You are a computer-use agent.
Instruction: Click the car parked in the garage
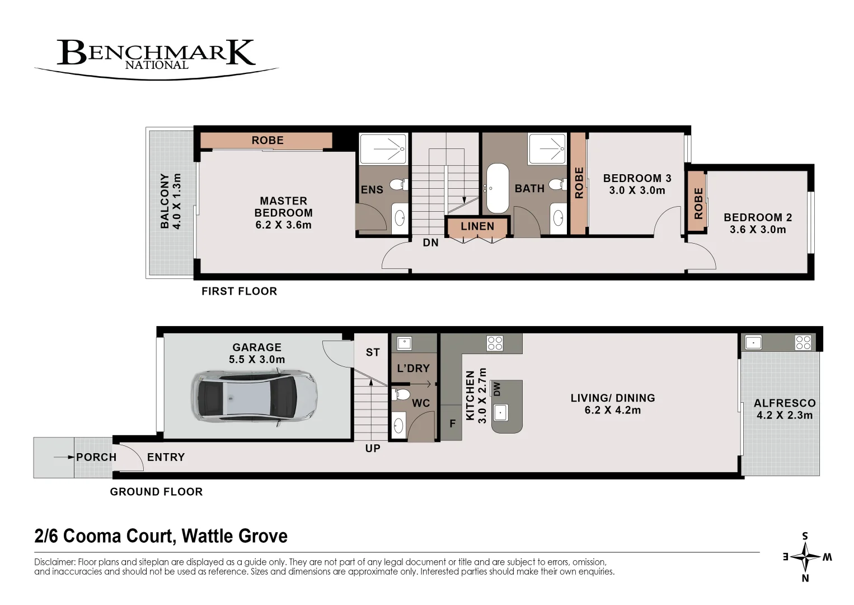(x=254, y=399)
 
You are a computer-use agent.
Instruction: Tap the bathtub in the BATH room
(x=498, y=188)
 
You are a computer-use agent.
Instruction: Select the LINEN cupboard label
(x=477, y=227)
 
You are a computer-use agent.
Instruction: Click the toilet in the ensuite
(x=398, y=184)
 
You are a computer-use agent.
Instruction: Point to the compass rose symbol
(x=805, y=557)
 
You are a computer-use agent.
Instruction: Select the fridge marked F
(x=453, y=424)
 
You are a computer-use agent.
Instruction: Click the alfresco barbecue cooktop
(x=803, y=342)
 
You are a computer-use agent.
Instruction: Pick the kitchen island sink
(x=500, y=413)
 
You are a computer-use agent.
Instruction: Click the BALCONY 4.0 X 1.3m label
(x=171, y=201)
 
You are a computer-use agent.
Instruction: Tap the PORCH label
(x=96, y=457)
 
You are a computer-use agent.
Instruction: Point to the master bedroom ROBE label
(x=268, y=141)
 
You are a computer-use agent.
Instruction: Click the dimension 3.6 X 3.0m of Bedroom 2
(x=758, y=230)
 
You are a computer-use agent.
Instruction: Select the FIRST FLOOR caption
(x=239, y=291)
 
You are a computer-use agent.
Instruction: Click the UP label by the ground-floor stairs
(x=373, y=448)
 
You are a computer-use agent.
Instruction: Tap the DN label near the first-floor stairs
(x=430, y=243)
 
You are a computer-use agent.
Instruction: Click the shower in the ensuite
(x=383, y=149)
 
